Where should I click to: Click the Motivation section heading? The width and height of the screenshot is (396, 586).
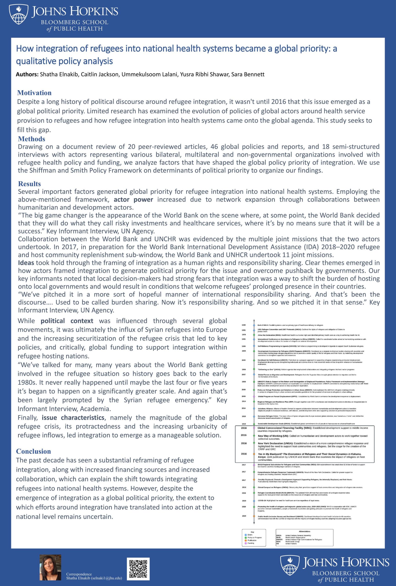click(x=34, y=93)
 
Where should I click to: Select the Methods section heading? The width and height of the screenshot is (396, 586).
click(x=32, y=139)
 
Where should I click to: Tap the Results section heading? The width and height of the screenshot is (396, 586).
click(x=29, y=184)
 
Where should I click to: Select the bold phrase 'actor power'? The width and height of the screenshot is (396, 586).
click(x=133, y=199)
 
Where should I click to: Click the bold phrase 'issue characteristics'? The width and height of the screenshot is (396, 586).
click(x=73, y=418)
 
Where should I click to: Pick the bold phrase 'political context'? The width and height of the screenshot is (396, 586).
click(x=67, y=321)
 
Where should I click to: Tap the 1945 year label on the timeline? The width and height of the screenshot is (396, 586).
click(x=244, y=325)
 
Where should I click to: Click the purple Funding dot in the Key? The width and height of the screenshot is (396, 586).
click(x=246, y=543)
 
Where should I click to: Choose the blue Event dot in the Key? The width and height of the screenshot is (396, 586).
click(x=246, y=534)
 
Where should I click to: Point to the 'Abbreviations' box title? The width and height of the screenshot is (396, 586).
click(x=304, y=531)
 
